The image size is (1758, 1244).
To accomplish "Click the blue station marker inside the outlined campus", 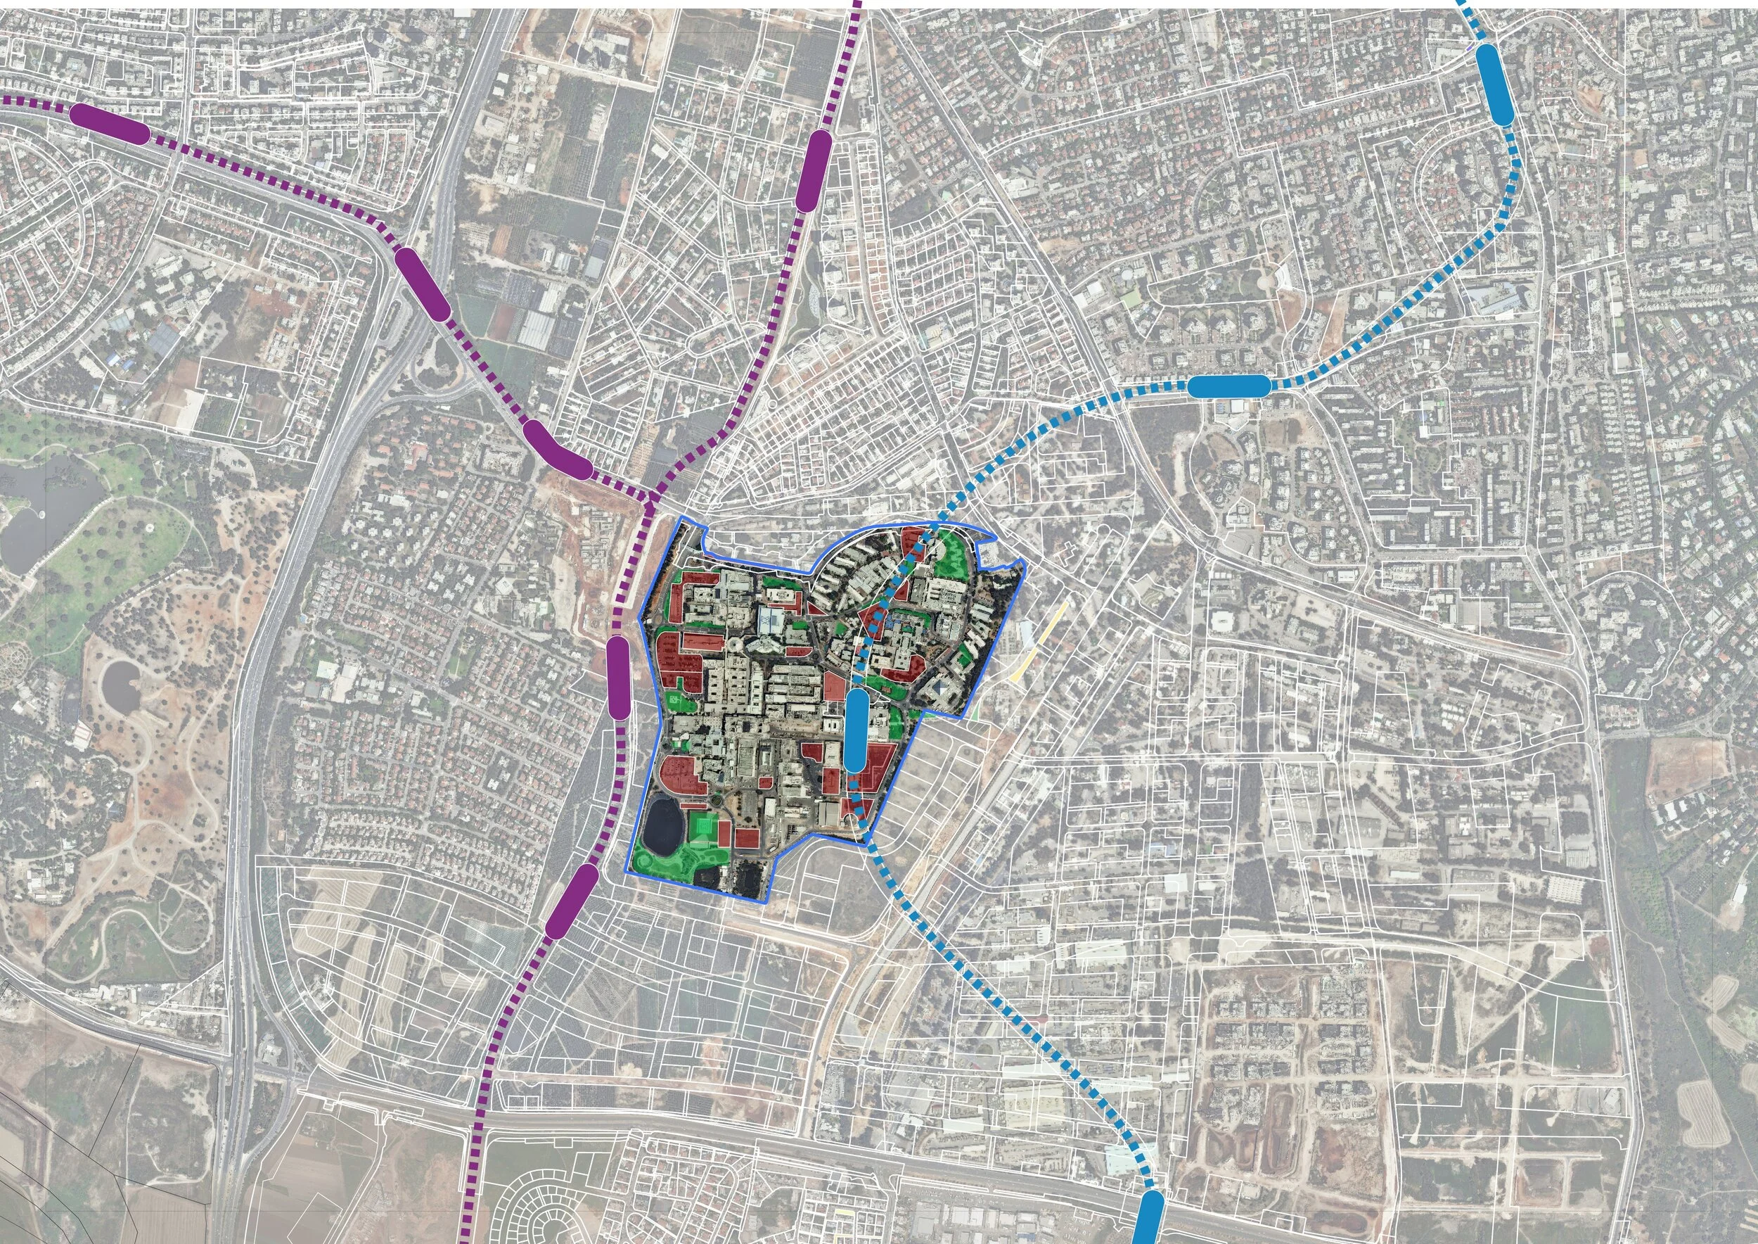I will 856,730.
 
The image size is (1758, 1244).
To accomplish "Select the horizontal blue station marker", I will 1229,386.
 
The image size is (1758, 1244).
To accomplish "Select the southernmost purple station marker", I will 572,901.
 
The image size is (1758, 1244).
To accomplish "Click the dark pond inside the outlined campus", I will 663,825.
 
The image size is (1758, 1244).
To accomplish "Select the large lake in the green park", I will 46,509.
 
